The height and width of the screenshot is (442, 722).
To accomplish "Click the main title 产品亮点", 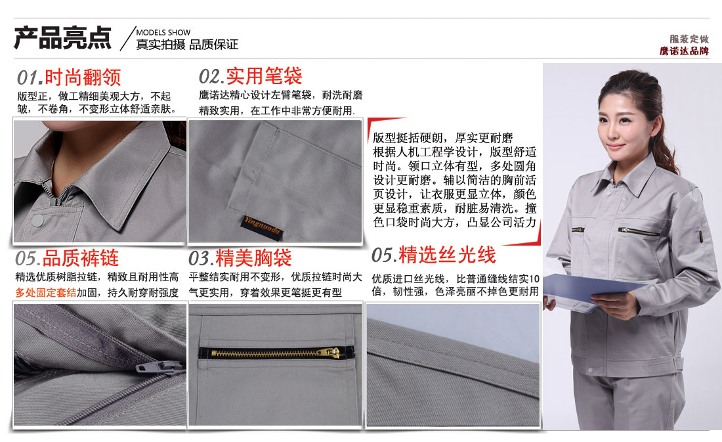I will point(63,38).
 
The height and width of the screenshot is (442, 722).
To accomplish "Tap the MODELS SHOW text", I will point(163,32).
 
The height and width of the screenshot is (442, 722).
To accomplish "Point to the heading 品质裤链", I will point(81,257).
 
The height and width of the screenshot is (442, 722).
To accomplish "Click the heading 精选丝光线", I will point(447,255).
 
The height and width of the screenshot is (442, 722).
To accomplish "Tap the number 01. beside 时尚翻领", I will point(30,78).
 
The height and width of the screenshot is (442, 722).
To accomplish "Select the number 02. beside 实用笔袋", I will point(211,77).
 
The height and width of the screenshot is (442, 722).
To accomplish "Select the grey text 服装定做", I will point(689,39).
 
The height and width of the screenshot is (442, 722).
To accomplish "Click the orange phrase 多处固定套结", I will point(46,292).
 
